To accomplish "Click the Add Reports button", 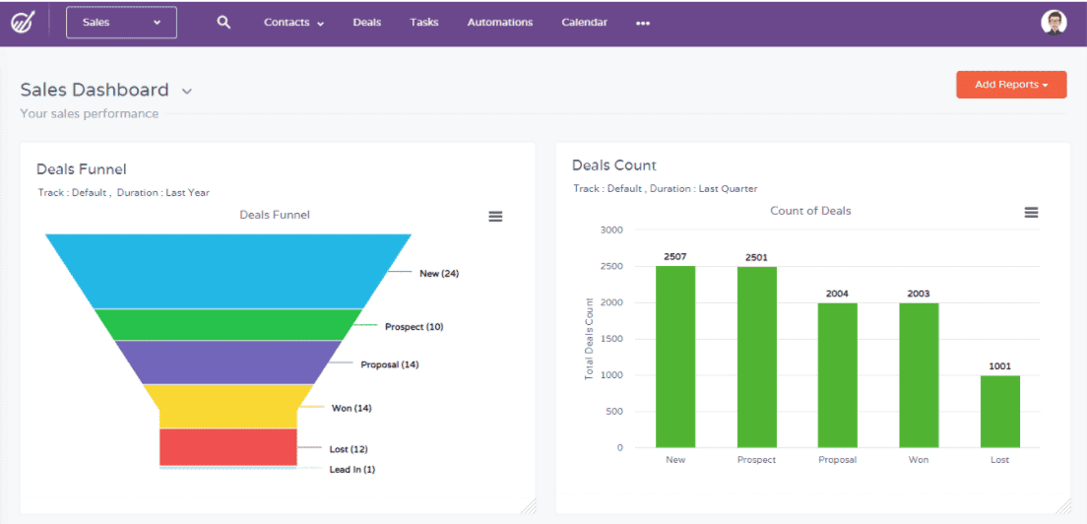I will point(1010,85).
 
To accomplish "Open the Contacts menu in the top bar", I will point(293,23).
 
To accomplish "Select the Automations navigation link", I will point(500,23).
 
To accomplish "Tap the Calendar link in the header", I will point(584,23).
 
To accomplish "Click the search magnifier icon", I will point(224,23).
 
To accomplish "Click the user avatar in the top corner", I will point(1054,23).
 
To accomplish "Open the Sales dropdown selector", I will point(121,23).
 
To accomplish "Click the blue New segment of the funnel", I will point(228,271).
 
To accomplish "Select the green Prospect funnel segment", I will point(228,324).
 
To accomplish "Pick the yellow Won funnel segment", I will point(228,406).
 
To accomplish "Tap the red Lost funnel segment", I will point(228,446).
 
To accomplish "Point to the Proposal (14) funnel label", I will point(389,364).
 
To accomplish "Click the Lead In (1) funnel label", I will point(352,470).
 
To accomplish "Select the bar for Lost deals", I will point(999,412).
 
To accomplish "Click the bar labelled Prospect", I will point(756,358).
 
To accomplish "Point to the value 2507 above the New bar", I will point(675,257).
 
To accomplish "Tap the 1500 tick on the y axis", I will point(610,339).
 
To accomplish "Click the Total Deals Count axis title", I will point(590,339).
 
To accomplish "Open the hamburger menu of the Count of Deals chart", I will point(1031,213).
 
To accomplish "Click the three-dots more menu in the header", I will point(643,24).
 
